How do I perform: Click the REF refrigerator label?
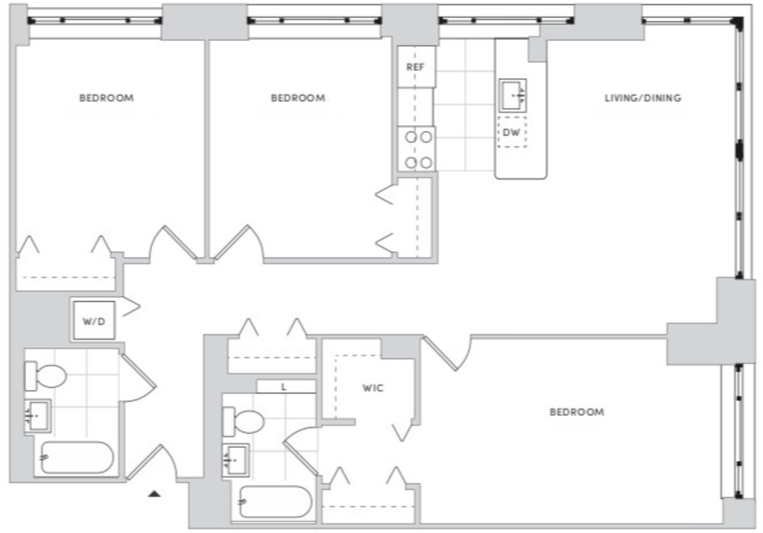coord(415,67)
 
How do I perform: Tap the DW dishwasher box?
coord(512,132)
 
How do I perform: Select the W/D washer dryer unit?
coord(94,321)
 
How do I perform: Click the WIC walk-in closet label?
coord(373,388)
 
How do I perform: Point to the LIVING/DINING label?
coord(643,98)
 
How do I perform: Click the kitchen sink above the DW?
coord(513,95)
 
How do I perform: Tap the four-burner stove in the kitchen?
coord(417,150)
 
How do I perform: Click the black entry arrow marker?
coord(154,494)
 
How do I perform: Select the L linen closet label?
coord(284,388)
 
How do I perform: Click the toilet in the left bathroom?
coord(45,376)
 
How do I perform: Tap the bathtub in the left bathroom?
coord(77,458)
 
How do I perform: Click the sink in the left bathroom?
coord(37,416)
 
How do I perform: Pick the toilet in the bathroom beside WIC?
coord(244,421)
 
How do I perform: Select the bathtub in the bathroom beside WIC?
coord(276,502)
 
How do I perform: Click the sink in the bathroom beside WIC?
coord(236,459)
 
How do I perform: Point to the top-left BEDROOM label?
coord(107,98)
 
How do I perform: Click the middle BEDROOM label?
coord(298,98)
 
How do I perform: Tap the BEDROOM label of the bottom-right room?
coord(577,412)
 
